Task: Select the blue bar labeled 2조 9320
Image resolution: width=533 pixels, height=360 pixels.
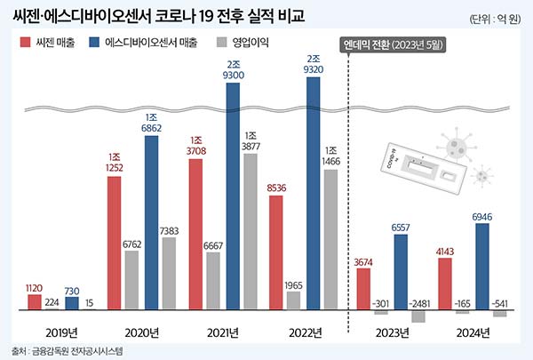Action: pos(313,194)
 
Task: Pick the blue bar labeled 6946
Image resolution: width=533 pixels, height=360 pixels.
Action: pos(482,267)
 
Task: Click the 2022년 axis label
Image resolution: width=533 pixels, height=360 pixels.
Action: pos(305,332)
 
